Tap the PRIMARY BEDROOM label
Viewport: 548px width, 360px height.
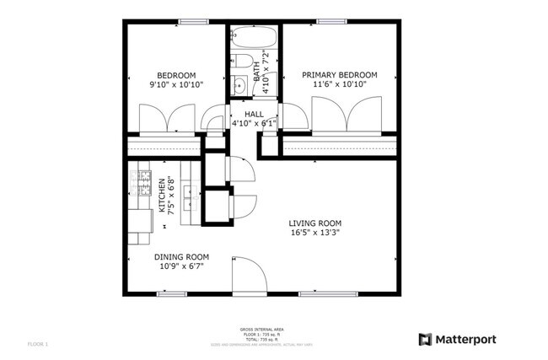[340, 75]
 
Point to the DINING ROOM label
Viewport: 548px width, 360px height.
[181, 257]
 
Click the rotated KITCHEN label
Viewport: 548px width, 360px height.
[162, 196]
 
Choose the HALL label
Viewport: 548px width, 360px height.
[254, 114]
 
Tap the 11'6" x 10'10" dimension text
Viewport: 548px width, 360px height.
[340, 84]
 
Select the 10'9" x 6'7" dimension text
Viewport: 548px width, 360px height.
[181, 266]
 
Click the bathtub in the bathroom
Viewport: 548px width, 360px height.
[254, 38]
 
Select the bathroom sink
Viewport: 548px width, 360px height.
[239, 85]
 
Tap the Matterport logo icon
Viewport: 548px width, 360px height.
[424, 339]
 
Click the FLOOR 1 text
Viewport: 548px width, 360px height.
[39, 344]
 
